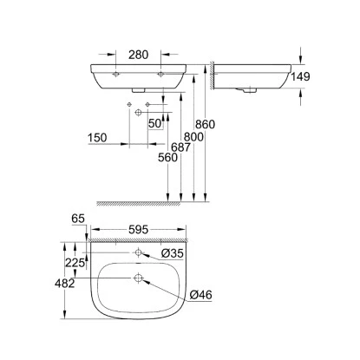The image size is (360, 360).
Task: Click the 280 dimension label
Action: click(138, 55)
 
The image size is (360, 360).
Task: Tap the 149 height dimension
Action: click(300, 76)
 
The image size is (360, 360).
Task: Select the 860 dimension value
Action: click(205, 124)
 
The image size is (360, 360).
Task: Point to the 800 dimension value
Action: click(193, 137)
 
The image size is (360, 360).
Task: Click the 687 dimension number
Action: click(180, 147)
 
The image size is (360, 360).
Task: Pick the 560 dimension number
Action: click(167, 158)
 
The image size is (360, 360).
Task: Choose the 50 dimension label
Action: click(154, 123)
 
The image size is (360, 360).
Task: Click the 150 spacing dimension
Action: click(97, 138)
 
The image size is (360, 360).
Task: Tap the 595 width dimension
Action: click(138, 230)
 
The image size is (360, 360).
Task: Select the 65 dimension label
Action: click(78, 219)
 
